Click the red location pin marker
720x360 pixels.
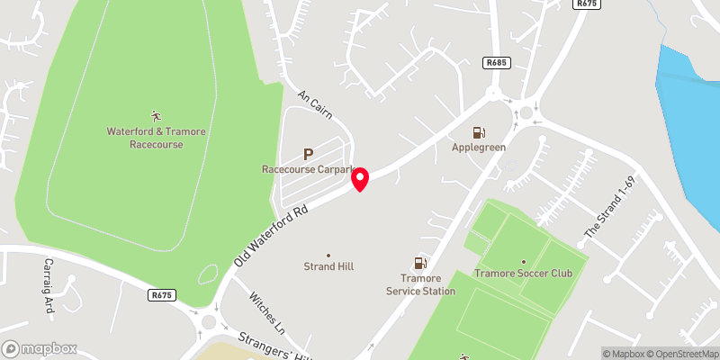[x=360, y=179]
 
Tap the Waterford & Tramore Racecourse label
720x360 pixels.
[x=156, y=138]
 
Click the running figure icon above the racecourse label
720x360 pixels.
[x=156, y=115]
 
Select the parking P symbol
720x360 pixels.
[x=308, y=154]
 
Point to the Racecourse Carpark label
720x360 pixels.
[x=310, y=169]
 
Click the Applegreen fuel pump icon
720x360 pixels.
[x=479, y=132]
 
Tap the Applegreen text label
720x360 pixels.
[x=479, y=147]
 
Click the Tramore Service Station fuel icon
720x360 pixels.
[x=419, y=263]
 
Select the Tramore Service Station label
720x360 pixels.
[x=420, y=284]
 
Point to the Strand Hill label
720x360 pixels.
[x=328, y=266]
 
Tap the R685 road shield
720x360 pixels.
[x=496, y=62]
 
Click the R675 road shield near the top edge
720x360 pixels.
[x=587, y=4]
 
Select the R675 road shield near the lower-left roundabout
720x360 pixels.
[x=162, y=294]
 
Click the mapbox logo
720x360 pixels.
[x=40, y=348]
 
